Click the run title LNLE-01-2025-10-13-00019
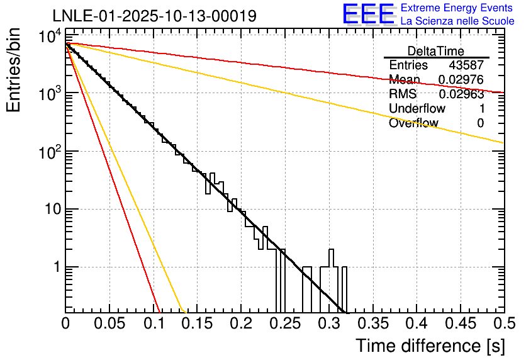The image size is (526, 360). [x=154, y=16]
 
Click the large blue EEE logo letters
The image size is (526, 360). [x=368, y=14]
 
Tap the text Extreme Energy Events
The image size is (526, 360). [x=457, y=8]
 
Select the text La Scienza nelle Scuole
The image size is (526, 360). [x=457, y=21]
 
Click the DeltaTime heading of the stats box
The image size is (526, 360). [x=436, y=51]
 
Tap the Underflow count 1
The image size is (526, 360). [x=481, y=109]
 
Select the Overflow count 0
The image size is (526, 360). [x=481, y=123]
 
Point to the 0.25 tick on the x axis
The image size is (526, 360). [x=285, y=323]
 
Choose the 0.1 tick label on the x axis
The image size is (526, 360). [x=154, y=323]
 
